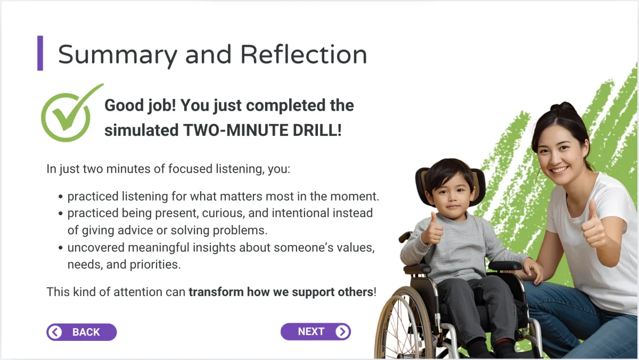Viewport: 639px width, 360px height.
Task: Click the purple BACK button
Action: point(81,332)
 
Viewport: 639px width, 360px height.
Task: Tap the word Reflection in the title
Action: point(304,54)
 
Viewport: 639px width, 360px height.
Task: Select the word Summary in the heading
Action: point(118,56)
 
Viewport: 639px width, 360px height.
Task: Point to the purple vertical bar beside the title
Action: point(40,53)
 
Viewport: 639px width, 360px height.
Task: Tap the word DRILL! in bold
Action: point(317,130)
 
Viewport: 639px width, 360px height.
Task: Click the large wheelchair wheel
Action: point(405,325)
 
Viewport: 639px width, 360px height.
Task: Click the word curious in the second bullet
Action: point(223,213)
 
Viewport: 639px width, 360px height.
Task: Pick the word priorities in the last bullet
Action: point(155,265)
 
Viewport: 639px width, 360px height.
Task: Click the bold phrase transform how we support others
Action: point(281,292)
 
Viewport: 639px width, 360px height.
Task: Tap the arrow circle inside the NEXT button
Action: point(342,331)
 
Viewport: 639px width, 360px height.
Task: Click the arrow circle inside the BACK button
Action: point(55,332)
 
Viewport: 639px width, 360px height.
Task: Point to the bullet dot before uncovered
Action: point(60,248)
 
